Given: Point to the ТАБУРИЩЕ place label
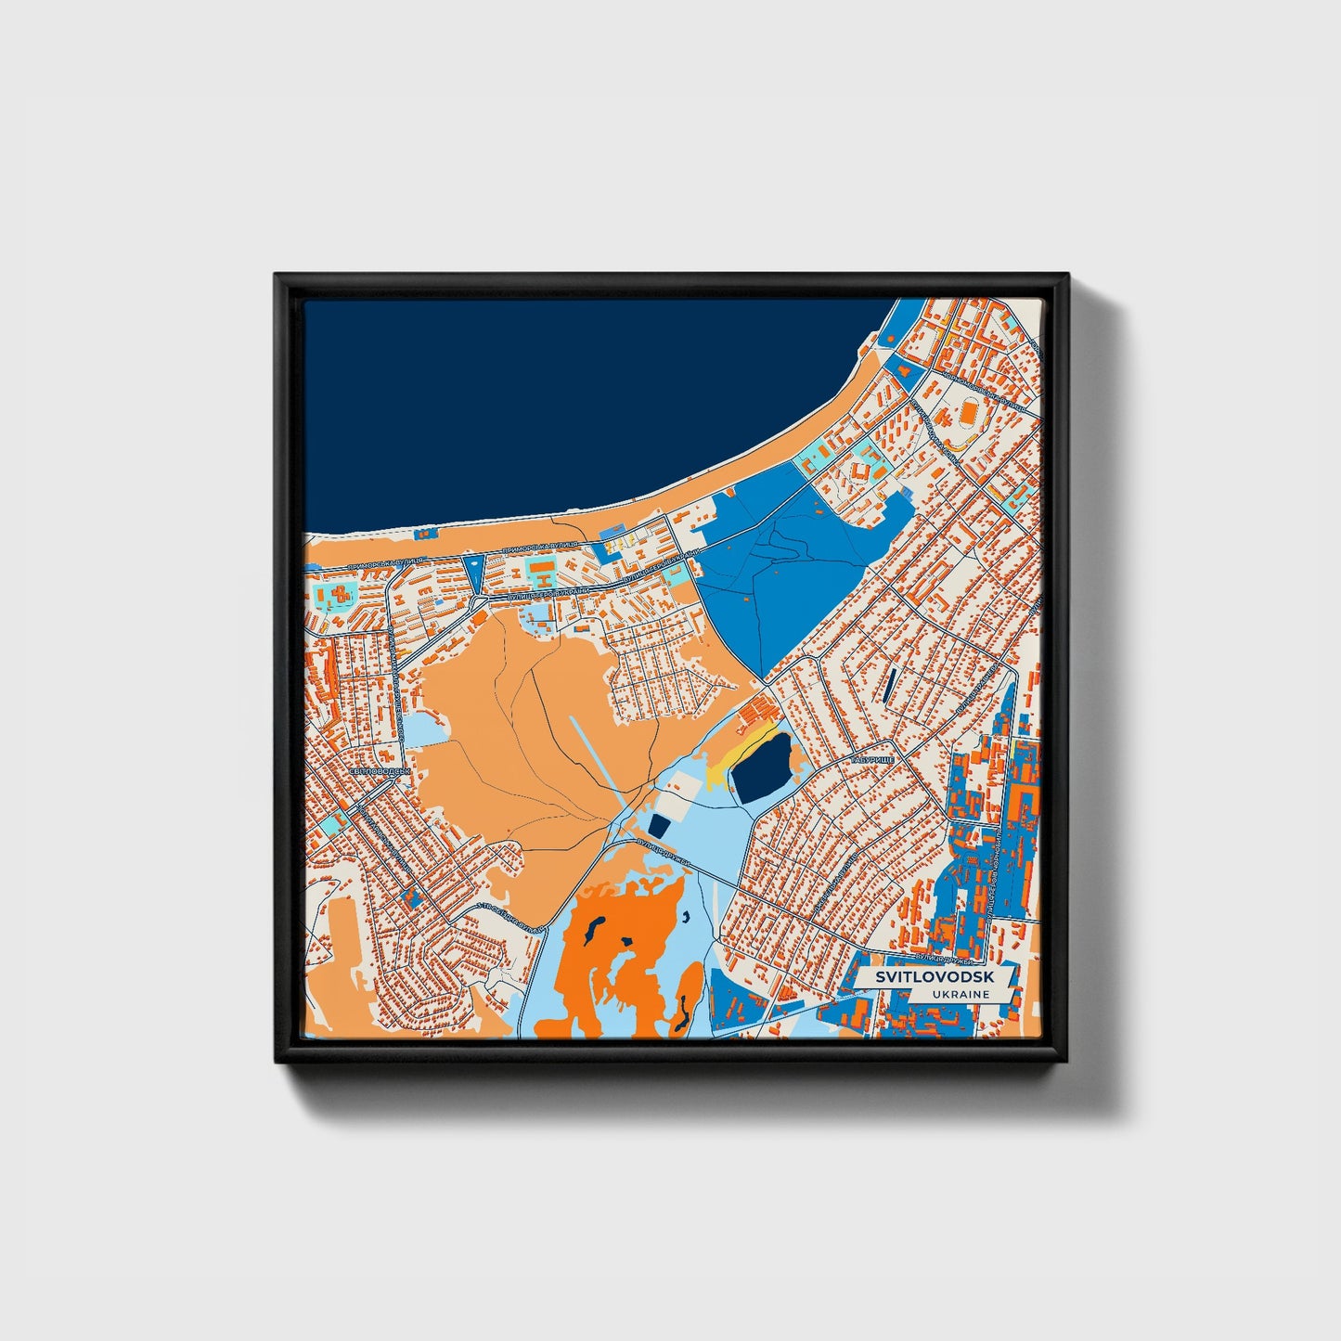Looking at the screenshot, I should (x=871, y=759).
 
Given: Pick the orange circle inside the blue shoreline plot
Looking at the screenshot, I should (x=903, y=367).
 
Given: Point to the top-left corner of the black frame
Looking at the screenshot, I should (x=276, y=275).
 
